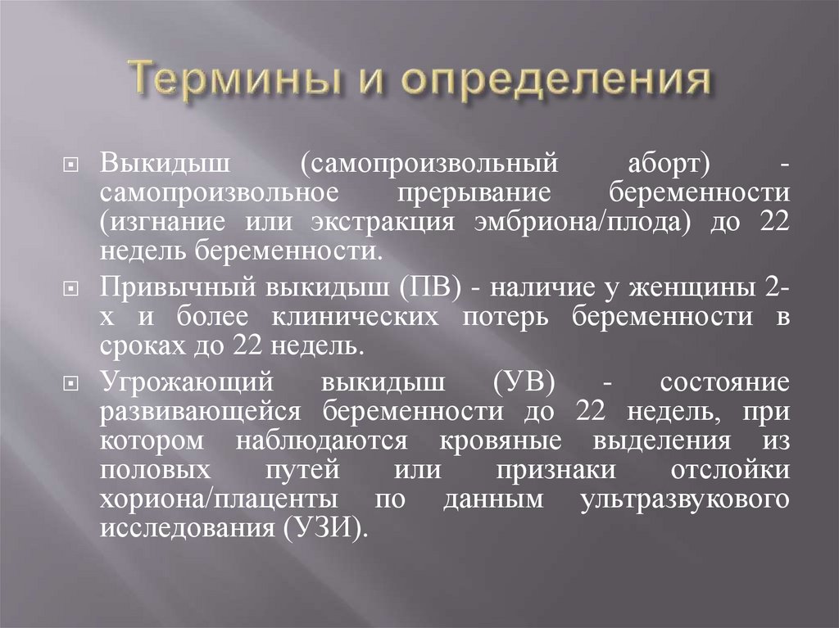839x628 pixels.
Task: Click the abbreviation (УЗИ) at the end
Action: (x=323, y=529)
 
